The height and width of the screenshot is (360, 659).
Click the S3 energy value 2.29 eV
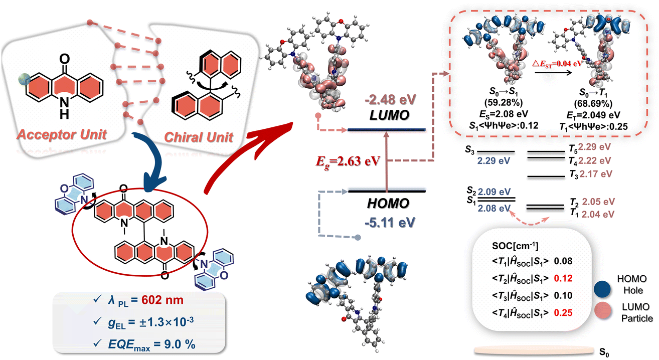(488, 161)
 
